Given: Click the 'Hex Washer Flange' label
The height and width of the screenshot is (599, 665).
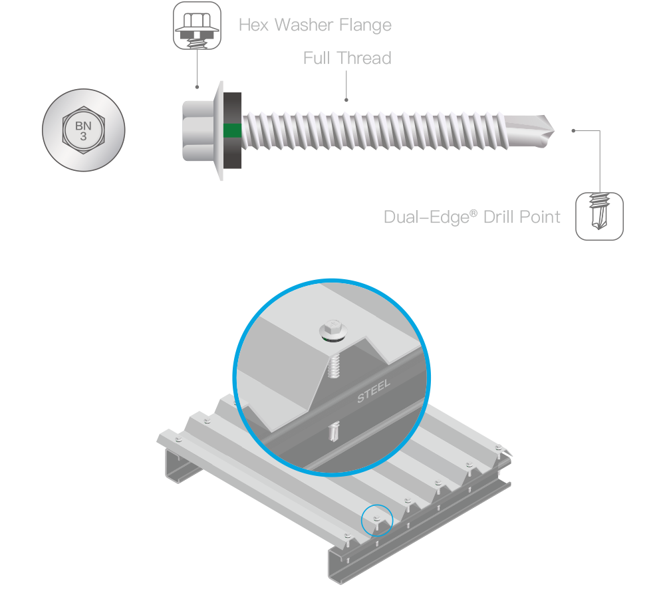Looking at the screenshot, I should [x=315, y=26].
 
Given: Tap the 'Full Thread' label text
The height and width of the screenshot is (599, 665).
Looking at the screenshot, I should [x=347, y=59].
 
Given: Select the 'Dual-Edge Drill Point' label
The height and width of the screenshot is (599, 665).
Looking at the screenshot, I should [x=472, y=217].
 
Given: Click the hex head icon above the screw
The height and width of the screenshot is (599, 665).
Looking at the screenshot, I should [x=197, y=26].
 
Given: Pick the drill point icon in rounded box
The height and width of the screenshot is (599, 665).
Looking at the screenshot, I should [x=599, y=216].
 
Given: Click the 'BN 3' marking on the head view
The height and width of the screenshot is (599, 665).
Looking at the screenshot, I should [x=84, y=130].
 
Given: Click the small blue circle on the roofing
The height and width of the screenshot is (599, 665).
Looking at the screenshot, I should [x=377, y=520].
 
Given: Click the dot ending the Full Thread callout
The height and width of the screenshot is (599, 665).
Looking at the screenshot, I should [x=346, y=100].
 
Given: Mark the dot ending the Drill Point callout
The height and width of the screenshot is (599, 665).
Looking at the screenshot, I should [x=572, y=131].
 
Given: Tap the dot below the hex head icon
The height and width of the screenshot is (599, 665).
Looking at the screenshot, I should [x=197, y=87].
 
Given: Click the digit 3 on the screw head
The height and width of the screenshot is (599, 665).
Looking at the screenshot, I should [x=84, y=136].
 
